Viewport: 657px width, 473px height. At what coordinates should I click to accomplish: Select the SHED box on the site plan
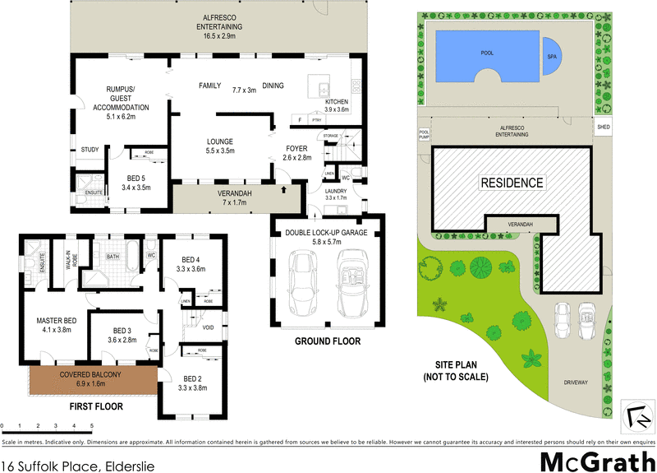[x=604, y=128]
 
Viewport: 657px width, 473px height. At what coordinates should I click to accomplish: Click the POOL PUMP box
[x=425, y=133]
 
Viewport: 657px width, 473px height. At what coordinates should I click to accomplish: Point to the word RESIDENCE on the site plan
[x=512, y=183]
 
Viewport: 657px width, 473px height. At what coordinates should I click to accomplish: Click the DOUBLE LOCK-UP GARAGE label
[x=327, y=233]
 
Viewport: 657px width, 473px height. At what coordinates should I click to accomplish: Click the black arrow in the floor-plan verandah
[x=285, y=190]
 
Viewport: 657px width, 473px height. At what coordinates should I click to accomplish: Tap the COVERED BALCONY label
[x=90, y=379]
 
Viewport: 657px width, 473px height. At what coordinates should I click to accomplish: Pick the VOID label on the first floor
[x=208, y=327]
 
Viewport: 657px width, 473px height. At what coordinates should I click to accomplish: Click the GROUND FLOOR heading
[x=328, y=341]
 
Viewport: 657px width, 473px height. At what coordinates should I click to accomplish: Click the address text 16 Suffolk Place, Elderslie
[x=78, y=465]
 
